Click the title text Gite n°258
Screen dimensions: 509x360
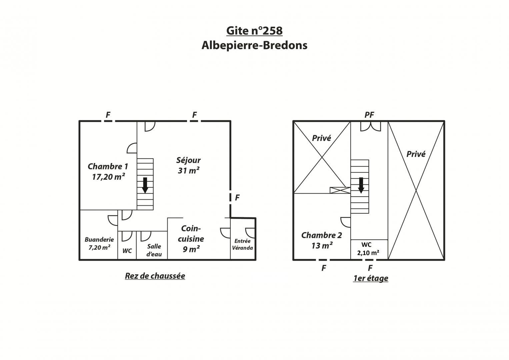click(254, 31)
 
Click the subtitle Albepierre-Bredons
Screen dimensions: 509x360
click(254, 45)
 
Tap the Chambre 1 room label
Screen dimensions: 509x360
click(108, 172)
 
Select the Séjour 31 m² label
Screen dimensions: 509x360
click(189, 165)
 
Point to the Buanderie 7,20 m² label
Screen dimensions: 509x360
click(99, 243)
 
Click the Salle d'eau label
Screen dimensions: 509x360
click(154, 250)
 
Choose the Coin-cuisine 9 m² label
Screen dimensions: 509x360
click(191, 239)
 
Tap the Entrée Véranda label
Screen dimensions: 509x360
click(242, 244)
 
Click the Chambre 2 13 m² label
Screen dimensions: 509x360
click(322, 240)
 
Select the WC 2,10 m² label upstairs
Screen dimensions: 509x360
click(368, 249)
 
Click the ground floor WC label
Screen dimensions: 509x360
click(127, 251)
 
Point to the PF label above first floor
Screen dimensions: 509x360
click(369, 115)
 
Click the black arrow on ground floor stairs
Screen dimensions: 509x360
click(145, 185)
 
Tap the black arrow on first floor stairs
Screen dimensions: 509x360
click(361, 185)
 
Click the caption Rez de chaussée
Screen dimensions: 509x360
click(155, 276)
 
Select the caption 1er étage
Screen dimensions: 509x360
click(371, 278)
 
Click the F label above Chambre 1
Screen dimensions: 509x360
click(108, 115)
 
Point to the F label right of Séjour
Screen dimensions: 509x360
click(237, 197)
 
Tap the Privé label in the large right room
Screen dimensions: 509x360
click(416, 154)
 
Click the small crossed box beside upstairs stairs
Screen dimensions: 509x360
click(340, 190)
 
